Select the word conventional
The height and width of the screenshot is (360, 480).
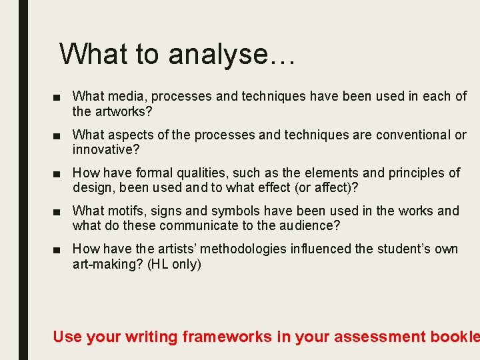point(413,135)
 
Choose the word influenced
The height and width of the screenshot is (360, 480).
point(320,249)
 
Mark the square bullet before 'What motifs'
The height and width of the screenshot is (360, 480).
point(61,211)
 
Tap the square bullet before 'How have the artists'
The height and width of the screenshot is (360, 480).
point(61,249)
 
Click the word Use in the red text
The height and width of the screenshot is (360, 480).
point(67,337)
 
